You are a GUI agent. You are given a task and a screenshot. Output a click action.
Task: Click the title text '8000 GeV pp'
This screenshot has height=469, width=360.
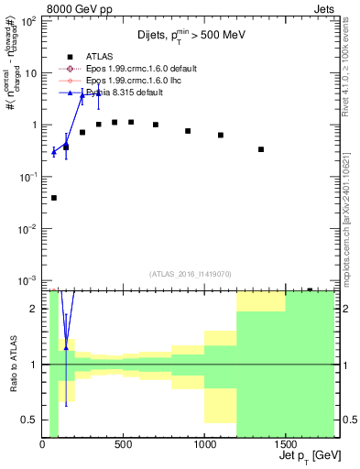coord(78,8)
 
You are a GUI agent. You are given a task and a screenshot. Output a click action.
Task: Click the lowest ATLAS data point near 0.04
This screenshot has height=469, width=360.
coord(54,198)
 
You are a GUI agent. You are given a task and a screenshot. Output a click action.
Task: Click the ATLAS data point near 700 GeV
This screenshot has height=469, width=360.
coord(156,125)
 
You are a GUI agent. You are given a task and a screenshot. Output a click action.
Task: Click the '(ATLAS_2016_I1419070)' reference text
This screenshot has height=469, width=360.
coord(190,273)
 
